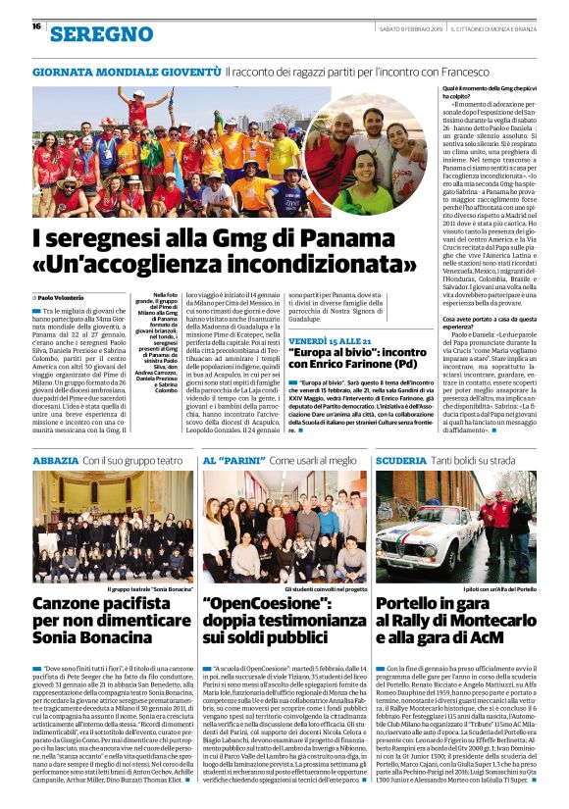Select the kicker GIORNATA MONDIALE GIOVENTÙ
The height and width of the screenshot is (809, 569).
click(x=127, y=72)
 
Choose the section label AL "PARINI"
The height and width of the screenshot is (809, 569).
click(x=233, y=460)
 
